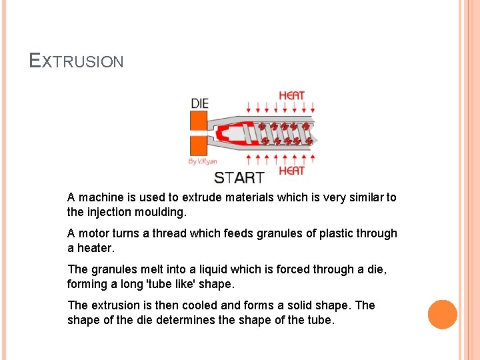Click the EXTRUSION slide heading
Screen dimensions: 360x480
(77, 61)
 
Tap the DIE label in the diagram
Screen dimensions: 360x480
(199, 103)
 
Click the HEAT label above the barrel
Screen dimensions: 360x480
(291, 95)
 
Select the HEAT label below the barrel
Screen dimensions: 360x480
(291, 171)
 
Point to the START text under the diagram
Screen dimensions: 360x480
(239, 178)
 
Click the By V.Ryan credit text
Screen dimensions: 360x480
(203, 161)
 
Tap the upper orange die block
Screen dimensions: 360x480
(199, 121)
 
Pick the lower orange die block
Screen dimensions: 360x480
(199, 145)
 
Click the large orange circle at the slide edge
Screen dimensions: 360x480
(443, 314)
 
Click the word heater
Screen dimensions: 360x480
(95, 249)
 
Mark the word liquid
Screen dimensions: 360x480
(209, 269)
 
